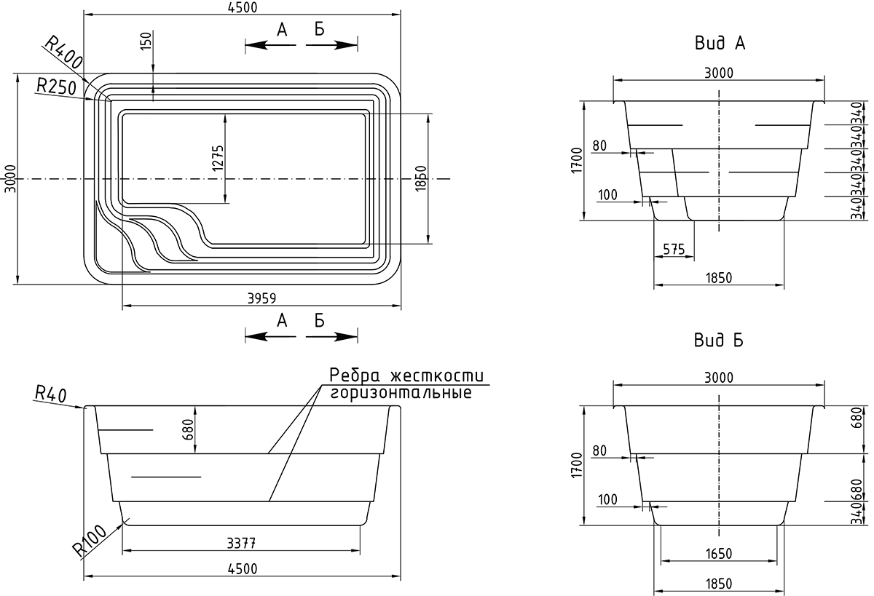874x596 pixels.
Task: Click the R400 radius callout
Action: (x=63, y=52)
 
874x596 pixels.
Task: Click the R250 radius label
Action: (x=56, y=87)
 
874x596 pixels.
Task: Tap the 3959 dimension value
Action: (x=261, y=298)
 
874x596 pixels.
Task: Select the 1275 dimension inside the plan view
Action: (x=218, y=158)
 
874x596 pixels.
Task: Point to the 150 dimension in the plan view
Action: (x=146, y=41)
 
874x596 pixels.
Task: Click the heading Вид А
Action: (x=720, y=43)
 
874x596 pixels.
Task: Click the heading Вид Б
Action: (x=719, y=340)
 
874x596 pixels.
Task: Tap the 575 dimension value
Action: (x=674, y=249)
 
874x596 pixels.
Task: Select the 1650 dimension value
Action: (x=719, y=554)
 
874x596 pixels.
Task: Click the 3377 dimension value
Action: (x=242, y=543)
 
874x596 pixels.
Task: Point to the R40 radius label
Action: (x=51, y=394)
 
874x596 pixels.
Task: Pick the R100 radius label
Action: (x=90, y=540)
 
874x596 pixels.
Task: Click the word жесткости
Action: (x=437, y=376)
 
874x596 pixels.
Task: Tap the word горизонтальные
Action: (x=401, y=392)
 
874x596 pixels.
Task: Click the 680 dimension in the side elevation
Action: (x=188, y=429)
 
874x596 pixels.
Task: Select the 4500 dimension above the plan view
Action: (x=243, y=7)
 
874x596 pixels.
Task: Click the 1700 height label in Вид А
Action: (x=576, y=160)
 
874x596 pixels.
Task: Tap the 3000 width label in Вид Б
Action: (x=719, y=378)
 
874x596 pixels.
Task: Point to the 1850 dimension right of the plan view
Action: (x=421, y=178)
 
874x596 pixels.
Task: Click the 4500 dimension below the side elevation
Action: (x=243, y=569)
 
